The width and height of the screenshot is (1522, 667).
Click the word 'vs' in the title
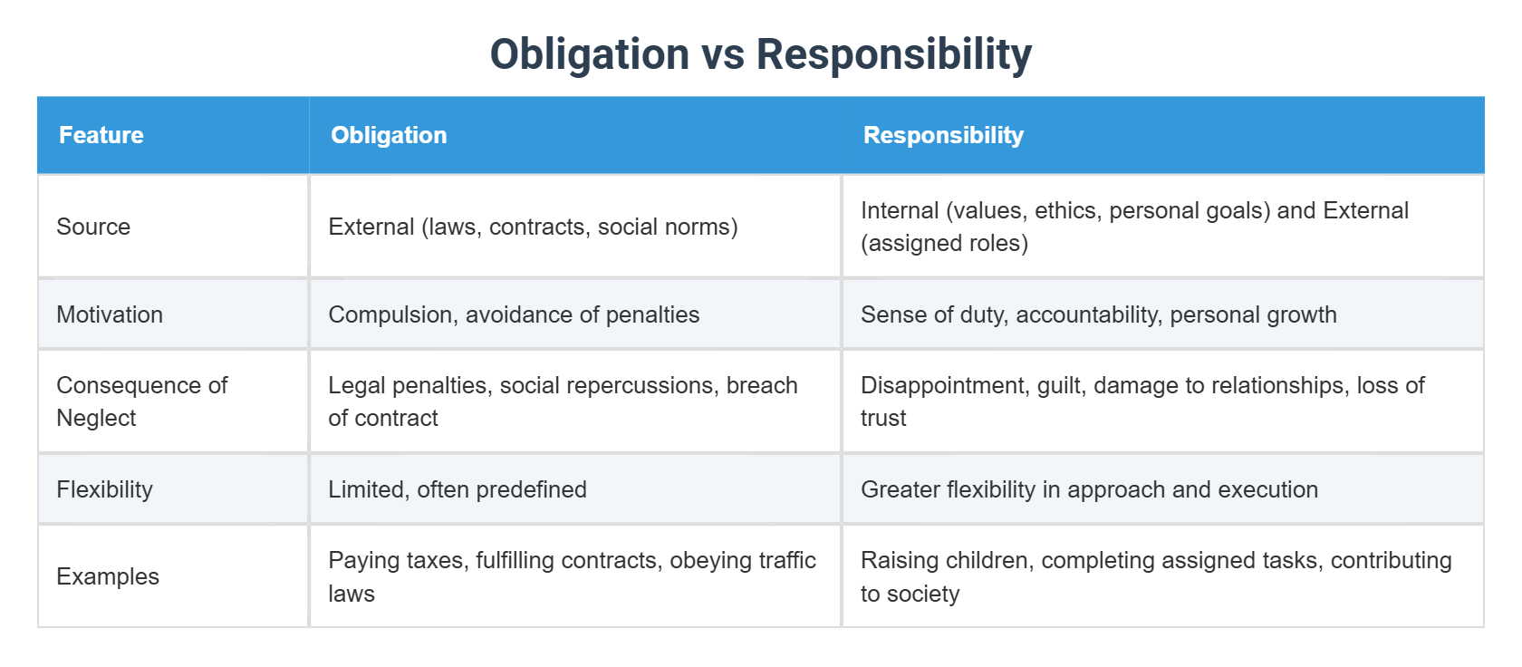tap(722, 54)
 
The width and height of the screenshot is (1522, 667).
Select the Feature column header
tap(101, 135)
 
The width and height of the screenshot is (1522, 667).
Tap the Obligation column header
tap(389, 135)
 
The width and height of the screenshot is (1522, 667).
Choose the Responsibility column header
tap(943, 135)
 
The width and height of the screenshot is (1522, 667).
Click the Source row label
tap(93, 227)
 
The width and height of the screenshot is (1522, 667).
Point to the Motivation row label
tap(110, 314)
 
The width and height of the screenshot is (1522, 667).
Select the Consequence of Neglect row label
tap(141, 401)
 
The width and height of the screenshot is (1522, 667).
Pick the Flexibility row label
tap(104, 489)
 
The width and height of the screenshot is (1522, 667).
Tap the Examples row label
tap(108, 576)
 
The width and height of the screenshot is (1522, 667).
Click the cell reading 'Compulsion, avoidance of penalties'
tap(514, 314)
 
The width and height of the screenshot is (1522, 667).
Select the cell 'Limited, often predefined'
tap(458, 489)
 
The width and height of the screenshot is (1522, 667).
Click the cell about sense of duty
tap(1098, 314)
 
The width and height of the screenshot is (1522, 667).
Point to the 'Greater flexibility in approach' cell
tap(1089, 489)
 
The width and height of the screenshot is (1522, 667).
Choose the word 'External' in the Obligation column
tap(371, 227)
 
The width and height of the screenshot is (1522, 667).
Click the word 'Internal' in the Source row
tap(900, 210)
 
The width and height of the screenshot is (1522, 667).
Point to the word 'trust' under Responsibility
tap(883, 418)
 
